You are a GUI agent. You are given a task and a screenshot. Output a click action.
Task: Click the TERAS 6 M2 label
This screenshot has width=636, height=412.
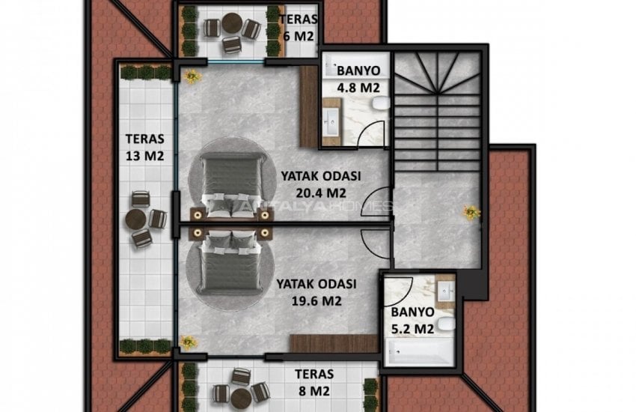(299, 28)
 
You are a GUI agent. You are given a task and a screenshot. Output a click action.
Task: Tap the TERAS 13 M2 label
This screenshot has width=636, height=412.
(145, 147)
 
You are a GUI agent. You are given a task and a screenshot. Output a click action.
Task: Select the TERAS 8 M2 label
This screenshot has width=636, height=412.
(314, 382)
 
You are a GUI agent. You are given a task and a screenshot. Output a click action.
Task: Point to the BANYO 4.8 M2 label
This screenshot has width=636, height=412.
(358, 79)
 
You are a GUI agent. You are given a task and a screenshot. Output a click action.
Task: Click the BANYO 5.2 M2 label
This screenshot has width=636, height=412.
(412, 321)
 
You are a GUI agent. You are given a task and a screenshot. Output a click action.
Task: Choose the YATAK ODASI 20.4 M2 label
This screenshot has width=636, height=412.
(321, 184)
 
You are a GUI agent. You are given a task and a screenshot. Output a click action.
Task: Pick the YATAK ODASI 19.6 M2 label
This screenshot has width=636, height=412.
(317, 292)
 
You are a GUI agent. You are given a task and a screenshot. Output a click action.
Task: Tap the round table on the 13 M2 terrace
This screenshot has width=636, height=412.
(136, 219)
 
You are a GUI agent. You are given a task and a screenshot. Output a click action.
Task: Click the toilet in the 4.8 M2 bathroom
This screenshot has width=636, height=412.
(381, 104)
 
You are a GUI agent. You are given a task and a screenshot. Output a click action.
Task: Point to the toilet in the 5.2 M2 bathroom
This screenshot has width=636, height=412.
(447, 324)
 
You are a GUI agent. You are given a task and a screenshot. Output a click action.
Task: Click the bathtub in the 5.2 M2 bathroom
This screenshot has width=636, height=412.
(420, 351)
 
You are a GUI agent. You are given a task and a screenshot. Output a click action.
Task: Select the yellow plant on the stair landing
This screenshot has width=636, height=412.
(471, 212)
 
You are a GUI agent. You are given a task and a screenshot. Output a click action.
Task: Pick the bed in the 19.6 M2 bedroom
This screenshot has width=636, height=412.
(229, 262)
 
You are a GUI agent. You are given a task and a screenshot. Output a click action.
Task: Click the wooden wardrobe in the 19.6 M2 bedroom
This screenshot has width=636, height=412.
(334, 344)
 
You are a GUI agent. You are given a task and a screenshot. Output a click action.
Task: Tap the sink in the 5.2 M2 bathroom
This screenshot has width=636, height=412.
(445, 290)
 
